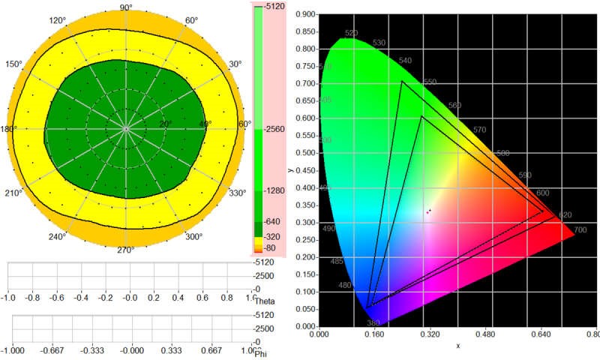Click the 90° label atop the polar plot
pos(126,7)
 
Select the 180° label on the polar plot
pos(9,129)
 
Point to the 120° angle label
pos(58,21)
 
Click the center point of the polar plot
pos(127,129)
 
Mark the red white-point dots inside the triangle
pos(429,211)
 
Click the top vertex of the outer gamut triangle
pos(402,81)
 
